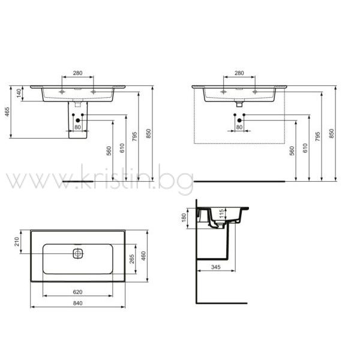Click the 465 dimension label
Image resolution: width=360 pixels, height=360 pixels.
point(7,112)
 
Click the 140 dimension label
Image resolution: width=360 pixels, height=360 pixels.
point(19,93)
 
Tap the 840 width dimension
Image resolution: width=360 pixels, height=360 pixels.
point(77,303)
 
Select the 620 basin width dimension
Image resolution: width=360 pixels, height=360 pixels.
point(77,292)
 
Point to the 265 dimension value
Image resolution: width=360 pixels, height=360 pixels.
point(132,259)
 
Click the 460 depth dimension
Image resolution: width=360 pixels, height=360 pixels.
point(143,256)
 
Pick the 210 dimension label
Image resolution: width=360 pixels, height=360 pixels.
point(17,242)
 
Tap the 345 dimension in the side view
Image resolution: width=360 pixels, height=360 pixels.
point(216,267)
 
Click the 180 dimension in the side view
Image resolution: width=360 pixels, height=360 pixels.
point(184,218)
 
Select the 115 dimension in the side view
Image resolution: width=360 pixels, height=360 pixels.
point(221,214)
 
